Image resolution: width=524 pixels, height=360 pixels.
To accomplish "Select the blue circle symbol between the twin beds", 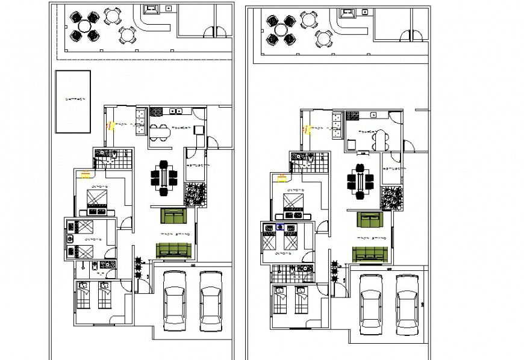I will [x=280, y=227].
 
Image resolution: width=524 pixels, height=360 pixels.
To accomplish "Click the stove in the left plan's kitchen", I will [x=156, y=111].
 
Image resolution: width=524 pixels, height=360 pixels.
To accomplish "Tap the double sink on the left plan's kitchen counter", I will [x=176, y=111].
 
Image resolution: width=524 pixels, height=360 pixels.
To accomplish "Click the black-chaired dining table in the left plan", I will [x=164, y=177].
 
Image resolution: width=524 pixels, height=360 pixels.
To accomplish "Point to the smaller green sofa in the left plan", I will [x=174, y=215].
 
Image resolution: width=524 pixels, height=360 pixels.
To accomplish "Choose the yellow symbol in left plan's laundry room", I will [x=110, y=126].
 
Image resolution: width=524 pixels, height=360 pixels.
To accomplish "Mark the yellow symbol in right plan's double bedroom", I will [x=282, y=177].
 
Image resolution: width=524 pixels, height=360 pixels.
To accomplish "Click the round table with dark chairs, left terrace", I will [x=84, y=26].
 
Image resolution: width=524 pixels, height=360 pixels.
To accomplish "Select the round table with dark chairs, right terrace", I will [x=281, y=29].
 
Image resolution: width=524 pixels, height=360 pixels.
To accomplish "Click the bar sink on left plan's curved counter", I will [x=151, y=8].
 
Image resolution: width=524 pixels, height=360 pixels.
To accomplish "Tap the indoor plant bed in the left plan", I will [x=196, y=194].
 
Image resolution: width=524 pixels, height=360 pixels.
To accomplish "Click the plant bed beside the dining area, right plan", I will [x=392, y=197].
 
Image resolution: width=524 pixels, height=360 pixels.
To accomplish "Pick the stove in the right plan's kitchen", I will [x=353, y=116].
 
